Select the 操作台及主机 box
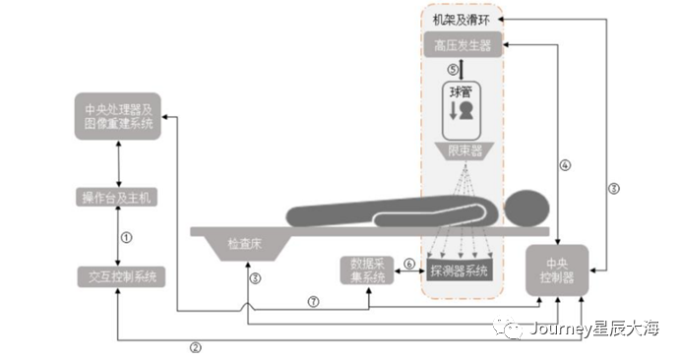click(x=119, y=198)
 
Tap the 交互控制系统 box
click(x=119, y=276)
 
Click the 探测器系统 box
click(x=460, y=270)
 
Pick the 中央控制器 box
click(x=557, y=270)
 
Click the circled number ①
click(x=126, y=237)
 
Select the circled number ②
click(x=195, y=346)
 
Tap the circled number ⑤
click(x=452, y=71)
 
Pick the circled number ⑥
click(x=408, y=264)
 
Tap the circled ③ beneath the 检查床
click(x=254, y=278)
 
